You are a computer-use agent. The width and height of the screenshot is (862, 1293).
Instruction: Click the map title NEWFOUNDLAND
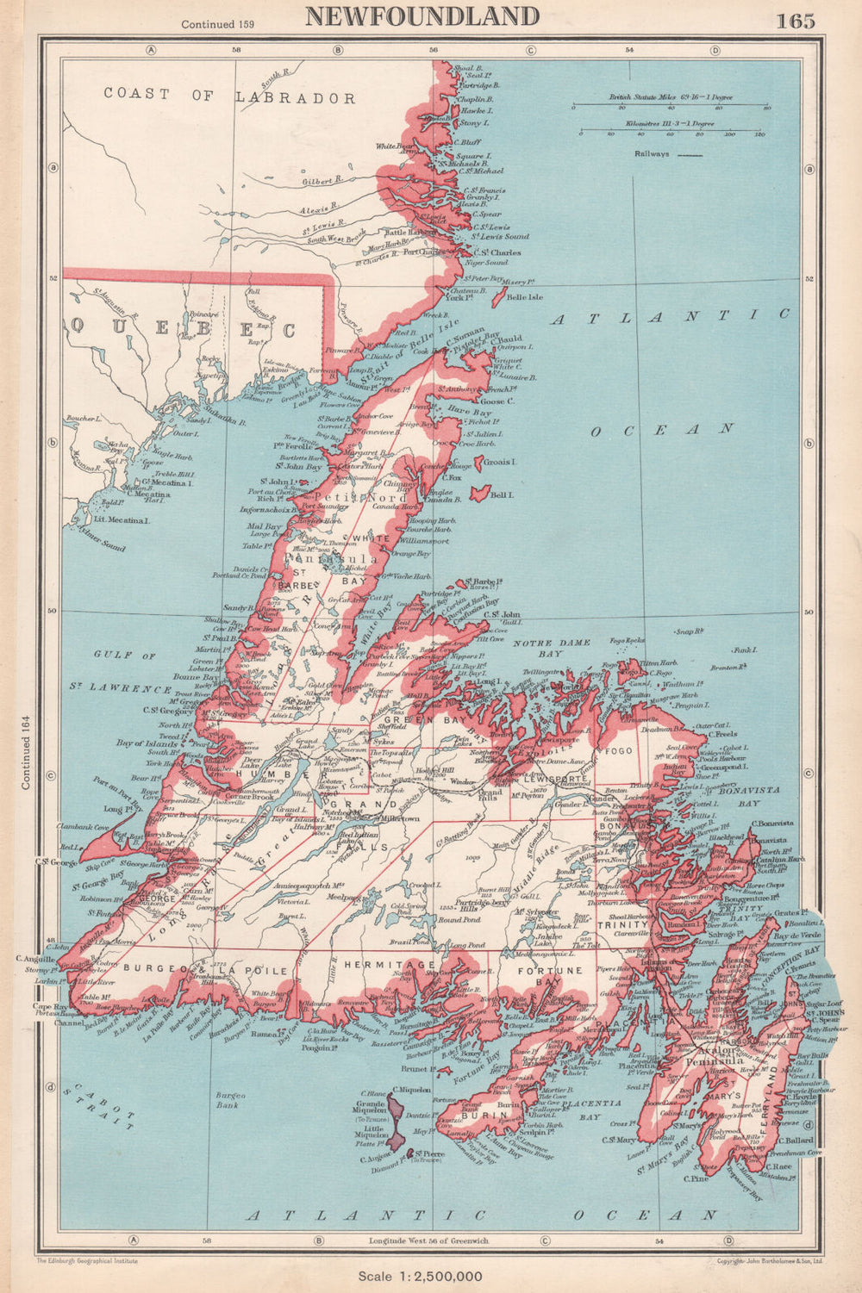tap(422, 16)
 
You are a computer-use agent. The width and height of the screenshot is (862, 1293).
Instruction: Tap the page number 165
tap(795, 21)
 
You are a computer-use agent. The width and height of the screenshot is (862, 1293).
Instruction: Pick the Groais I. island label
tap(499, 462)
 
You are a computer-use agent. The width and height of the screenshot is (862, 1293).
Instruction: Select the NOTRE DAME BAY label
tap(553, 648)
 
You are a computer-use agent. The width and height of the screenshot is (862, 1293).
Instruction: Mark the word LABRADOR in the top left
tap(296, 98)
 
